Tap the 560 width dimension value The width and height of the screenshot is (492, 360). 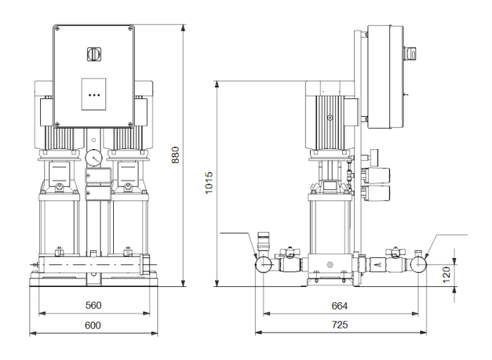click(x=93, y=305)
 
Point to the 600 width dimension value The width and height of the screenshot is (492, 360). click(x=93, y=325)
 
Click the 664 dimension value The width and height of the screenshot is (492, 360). click(x=339, y=305)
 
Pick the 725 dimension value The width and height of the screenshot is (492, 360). click(x=339, y=325)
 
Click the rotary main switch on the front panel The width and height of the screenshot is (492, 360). click(x=94, y=54)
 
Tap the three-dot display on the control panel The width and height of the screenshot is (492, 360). click(x=94, y=93)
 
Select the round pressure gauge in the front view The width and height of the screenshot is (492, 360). click(x=93, y=158)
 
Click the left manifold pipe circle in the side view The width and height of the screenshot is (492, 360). click(x=264, y=264)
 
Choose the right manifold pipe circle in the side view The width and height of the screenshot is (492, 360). click(x=419, y=264)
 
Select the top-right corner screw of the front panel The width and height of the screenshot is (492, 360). click(x=131, y=29)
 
